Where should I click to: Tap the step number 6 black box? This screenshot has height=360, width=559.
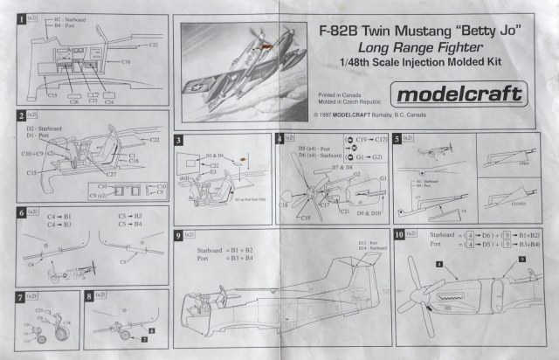(21, 212)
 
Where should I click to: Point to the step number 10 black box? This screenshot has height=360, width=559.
(400, 234)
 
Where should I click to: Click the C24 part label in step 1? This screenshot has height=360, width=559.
(109, 102)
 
